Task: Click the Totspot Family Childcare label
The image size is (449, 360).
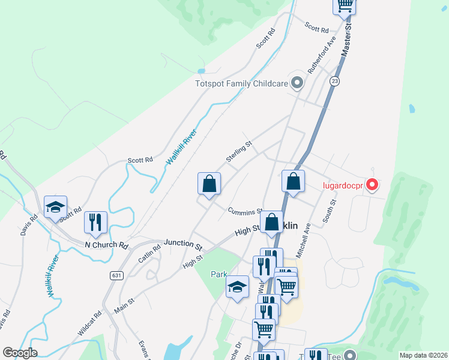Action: click(x=242, y=84)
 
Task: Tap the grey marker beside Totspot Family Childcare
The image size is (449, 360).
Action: click(x=296, y=82)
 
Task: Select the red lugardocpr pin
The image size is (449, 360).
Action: click(x=372, y=185)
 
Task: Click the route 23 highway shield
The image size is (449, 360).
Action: click(x=334, y=80)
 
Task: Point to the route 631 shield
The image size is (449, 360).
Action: click(x=117, y=275)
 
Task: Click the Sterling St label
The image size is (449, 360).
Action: click(x=238, y=151)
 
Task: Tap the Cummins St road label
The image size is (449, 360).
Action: click(x=245, y=211)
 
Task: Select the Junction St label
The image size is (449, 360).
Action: click(x=181, y=244)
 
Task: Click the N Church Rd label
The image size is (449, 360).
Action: click(x=107, y=245)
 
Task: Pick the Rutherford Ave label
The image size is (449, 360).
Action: click(x=321, y=55)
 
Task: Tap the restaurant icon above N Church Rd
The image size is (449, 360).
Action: click(x=95, y=222)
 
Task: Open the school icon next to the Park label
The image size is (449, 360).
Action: click(x=238, y=288)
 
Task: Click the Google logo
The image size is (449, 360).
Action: click(x=20, y=353)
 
